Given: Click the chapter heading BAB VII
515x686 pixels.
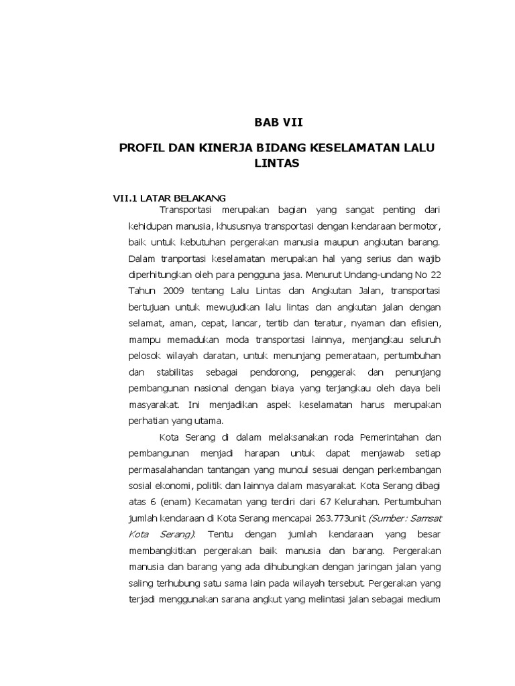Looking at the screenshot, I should [x=273, y=122].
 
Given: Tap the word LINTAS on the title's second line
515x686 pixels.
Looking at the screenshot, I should [x=273, y=163].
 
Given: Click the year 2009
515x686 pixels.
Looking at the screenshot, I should [x=175, y=291].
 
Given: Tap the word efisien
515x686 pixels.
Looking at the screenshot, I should [x=422, y=324].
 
